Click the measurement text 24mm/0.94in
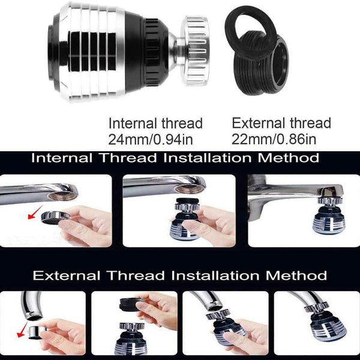[151, 139]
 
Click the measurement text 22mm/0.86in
[274, 139]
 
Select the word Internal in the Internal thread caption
[133, 123]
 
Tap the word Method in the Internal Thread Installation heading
[289, 158]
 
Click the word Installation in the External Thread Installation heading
[215, 275]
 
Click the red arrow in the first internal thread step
[35, 212]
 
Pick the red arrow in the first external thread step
[22, 329]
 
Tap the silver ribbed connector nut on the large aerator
[195, 50]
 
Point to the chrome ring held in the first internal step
[55, 218]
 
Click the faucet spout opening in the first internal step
[63, 196]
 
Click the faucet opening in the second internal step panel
[189, 189]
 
